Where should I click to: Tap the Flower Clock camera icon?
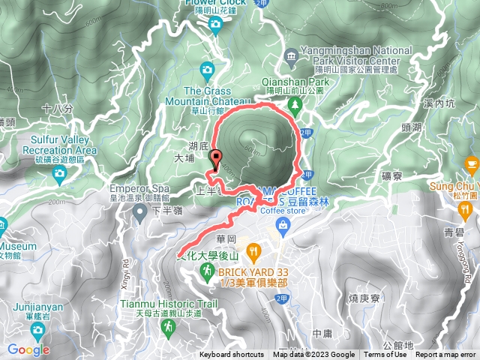215,25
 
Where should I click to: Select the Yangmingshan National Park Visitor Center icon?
291,56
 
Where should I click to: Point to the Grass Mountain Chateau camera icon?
207,71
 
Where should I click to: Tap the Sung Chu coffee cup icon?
471,163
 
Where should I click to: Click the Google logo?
28,349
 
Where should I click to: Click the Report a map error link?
446,355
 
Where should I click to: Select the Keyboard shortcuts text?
231,355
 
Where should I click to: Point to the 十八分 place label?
58,109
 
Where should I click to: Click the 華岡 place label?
226,238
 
